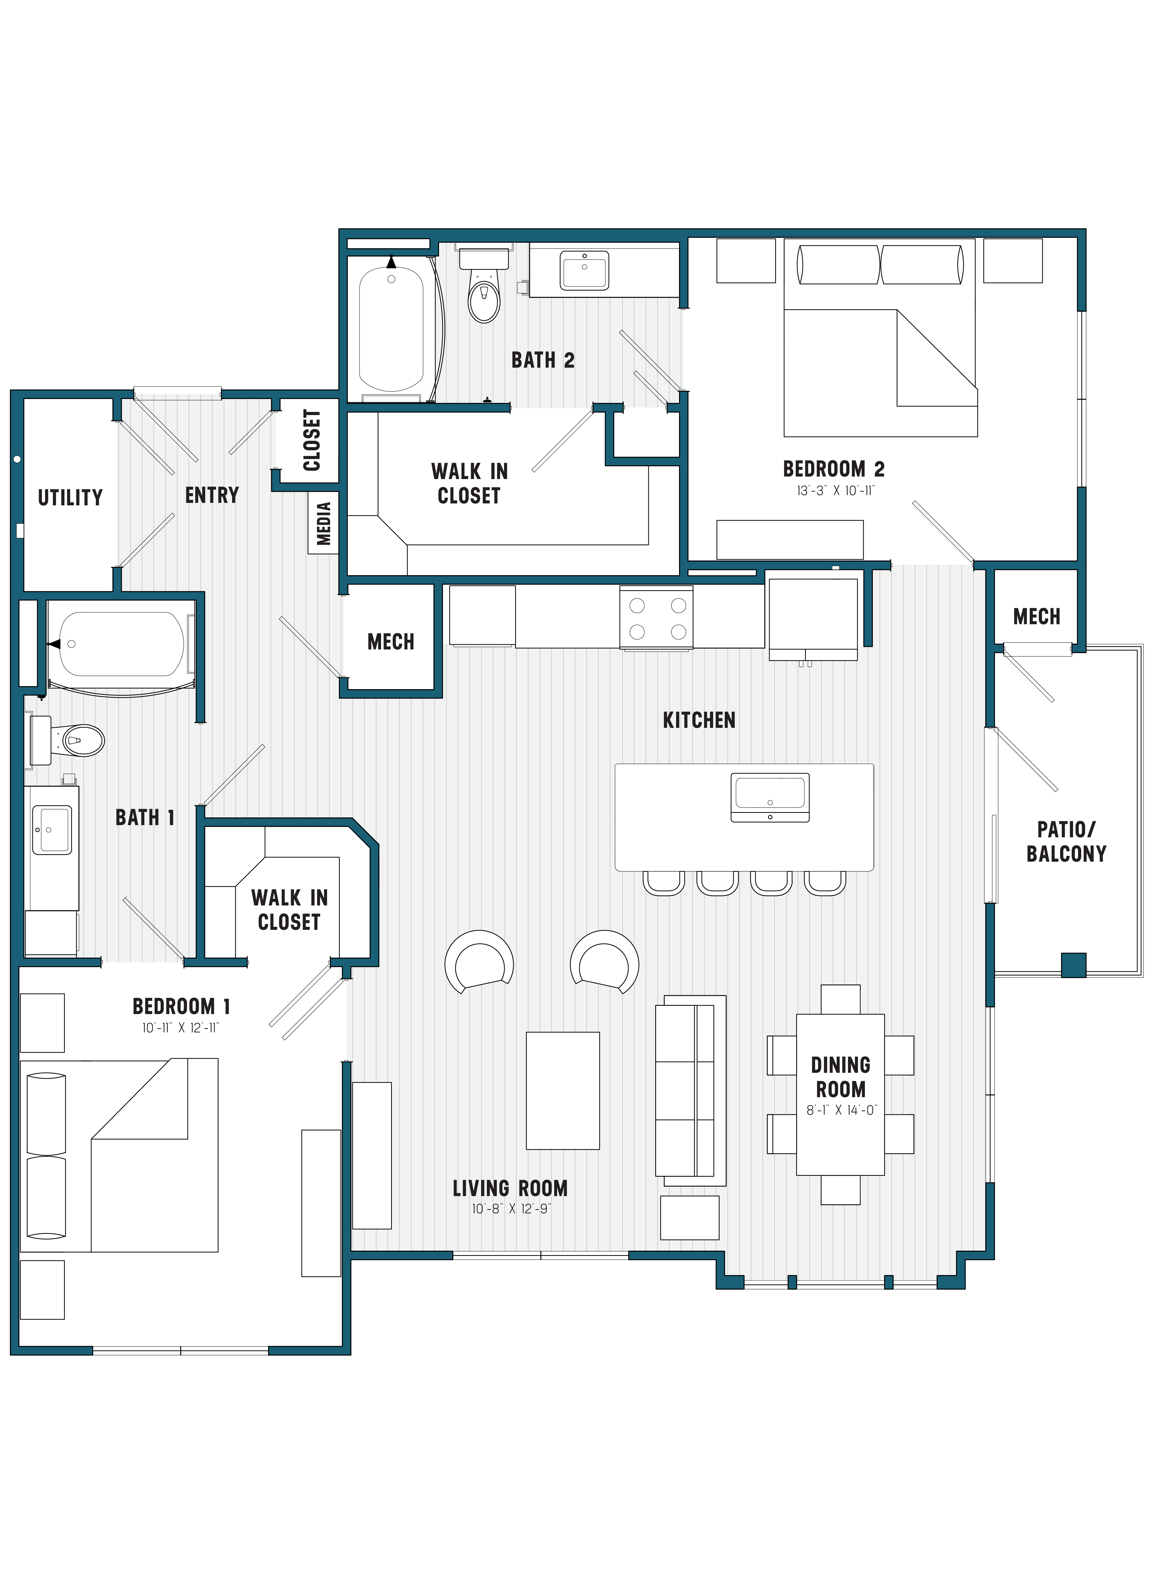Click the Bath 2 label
(x=543, y=360)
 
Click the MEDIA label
(x=323, y=523)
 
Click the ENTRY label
(x=212, y=495)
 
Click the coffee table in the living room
(x=562, y=1091)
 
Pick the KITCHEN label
(x=698, y=720)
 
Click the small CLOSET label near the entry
(x=312, y=440)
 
